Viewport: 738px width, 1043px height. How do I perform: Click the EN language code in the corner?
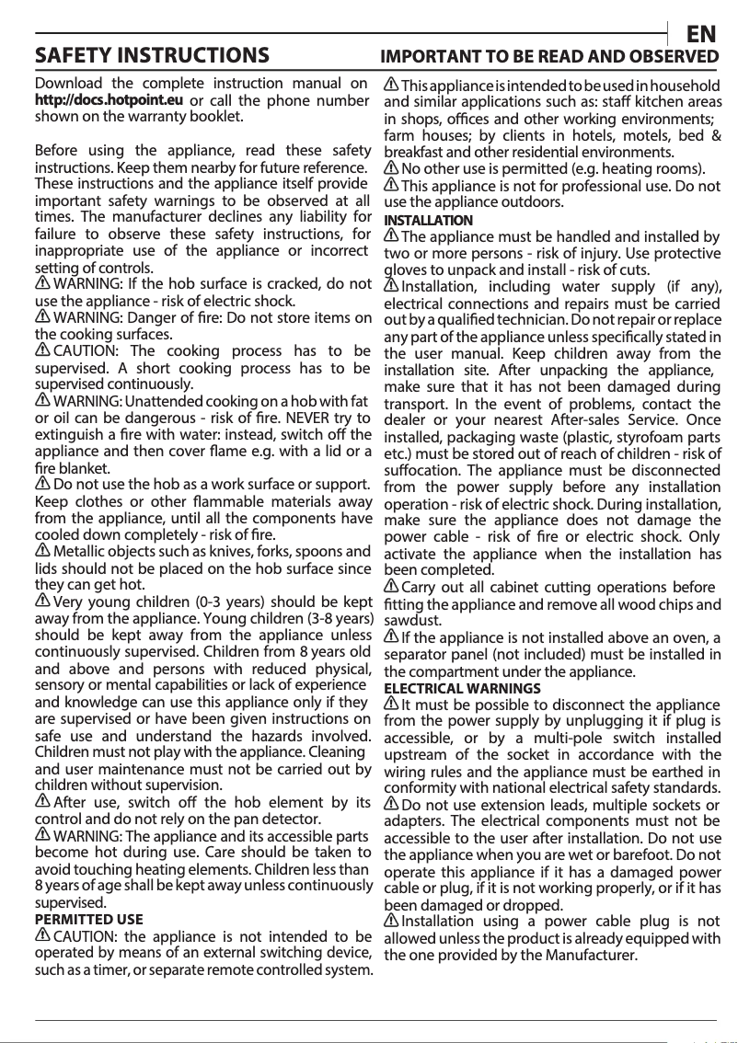click(x=702, y=35)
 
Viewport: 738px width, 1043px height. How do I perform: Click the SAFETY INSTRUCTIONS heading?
click(x=152, y=56)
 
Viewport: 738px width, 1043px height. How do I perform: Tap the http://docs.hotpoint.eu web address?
click(x=109, y=100)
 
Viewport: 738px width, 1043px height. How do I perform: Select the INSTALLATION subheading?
click(x=428, y=221)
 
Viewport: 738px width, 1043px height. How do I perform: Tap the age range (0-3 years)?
click(x=210, y=600)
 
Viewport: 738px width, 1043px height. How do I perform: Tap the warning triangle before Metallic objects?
click(x=42, y=550)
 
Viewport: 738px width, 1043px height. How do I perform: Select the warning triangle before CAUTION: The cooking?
click(x=42, y=351)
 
